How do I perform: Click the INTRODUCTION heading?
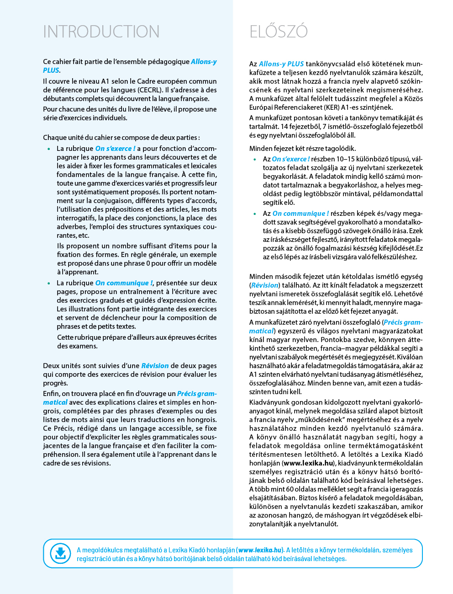coord(101,32)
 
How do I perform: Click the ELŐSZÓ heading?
coord(279,32)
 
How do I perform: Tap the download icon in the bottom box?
coord(60,553)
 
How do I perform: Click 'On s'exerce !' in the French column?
coord(115,149)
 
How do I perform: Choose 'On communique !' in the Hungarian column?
coord(300,214)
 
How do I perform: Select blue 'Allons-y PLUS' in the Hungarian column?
coord(281,64)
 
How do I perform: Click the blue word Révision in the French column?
coord(155,366)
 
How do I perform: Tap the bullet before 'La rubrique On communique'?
coord(49,284)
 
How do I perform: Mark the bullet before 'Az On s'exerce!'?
coord(255,160)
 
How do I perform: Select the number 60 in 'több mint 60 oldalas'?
coord(290,489)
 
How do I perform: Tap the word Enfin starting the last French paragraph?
coord(51,394)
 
